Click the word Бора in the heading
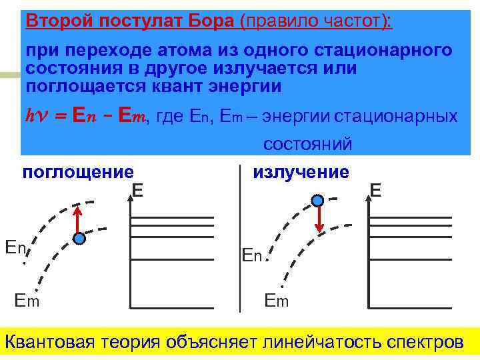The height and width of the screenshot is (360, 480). [x=207, y=20]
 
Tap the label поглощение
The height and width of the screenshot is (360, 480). [x=78, y=173]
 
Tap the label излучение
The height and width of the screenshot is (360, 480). [x=301, y=172]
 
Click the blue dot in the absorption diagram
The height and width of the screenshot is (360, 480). [x=79, y=239]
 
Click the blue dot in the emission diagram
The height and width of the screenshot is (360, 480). [x=318, y=200]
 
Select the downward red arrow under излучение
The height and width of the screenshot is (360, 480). [x=320, y=219]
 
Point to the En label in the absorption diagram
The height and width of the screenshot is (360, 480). [x=15, y=247]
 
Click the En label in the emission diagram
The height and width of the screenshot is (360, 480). [x=252, y=255]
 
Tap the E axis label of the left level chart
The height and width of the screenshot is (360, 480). [x=137, y=191]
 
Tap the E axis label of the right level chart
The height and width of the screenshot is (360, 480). [x=375, y=191]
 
